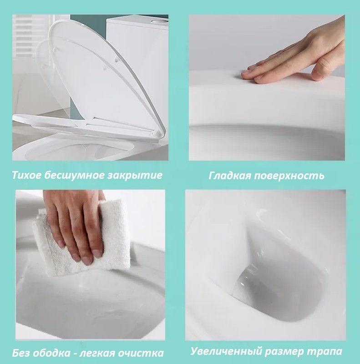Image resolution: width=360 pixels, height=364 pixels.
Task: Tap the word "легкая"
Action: (100, 353)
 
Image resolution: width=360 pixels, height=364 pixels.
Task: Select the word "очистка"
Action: (142, 353)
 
